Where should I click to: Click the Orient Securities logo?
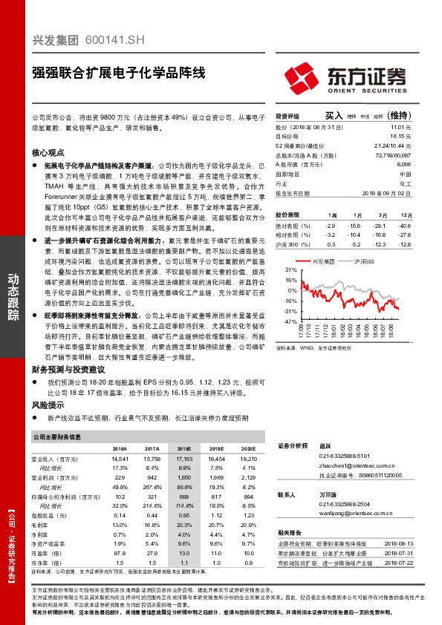coord(345,76)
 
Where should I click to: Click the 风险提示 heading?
coord(48,406)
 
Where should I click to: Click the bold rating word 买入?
coord(334,117)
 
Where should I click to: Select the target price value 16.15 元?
coord(400,137)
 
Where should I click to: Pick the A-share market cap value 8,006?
coord(403,165)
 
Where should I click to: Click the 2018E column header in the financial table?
coord(183,450)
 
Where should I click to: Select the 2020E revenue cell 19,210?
coord(247,460)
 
